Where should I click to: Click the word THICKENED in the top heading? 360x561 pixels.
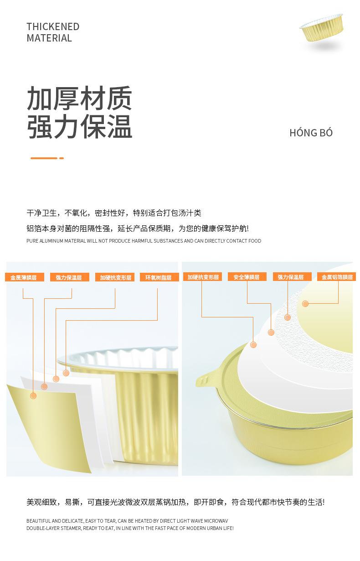pos(53,26)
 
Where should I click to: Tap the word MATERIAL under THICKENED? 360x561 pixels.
pos(49,38)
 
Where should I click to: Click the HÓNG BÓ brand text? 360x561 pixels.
pos(311,132)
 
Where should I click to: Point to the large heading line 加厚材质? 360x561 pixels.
pos(79,98)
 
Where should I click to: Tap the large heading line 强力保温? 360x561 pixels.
pos(79,126)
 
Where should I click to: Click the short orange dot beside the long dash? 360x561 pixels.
pos(62,158)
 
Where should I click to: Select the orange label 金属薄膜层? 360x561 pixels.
pos(25,277)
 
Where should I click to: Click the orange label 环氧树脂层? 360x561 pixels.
pos(159,277)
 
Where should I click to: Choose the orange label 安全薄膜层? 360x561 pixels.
pos(247,277)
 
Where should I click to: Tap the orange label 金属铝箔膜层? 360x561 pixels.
pos(336,277)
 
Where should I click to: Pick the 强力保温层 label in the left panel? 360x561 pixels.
pos(70,277)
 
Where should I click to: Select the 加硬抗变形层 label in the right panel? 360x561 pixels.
pos(202,277)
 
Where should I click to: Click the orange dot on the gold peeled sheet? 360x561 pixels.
pos(33,396)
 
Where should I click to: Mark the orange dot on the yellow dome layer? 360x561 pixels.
pos(305,304)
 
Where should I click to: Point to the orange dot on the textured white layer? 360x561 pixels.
pos(288,317)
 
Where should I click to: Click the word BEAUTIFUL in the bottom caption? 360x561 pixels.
pos(39,521)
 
